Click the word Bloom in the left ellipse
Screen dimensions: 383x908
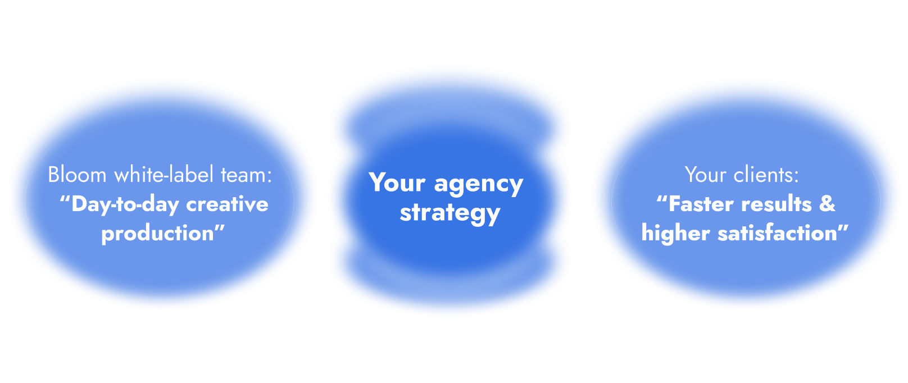[77, 175]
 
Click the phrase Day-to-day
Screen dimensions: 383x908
[125, 204]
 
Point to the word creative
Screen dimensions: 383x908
[227, 204]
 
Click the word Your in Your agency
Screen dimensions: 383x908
[397, 184]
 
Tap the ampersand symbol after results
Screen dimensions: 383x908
[827, 204]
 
